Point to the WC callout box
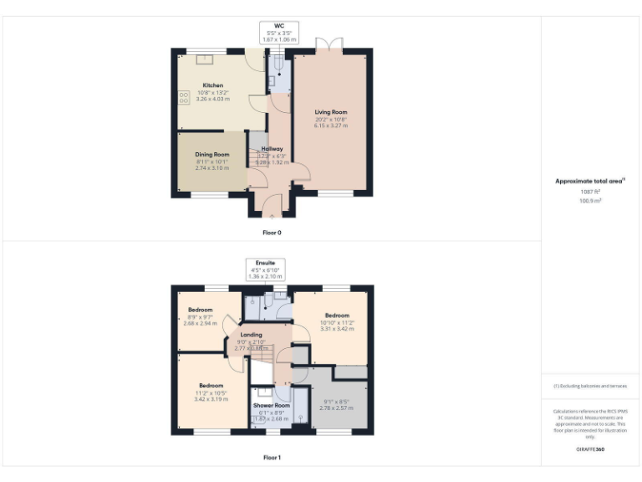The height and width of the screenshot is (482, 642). (279, 33)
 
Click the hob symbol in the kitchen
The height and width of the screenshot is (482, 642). (183, 98)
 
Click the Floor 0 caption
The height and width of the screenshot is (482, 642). (272, 232)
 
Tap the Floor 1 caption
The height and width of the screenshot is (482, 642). (272, 458)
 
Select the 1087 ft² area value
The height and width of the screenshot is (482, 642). (590, 192)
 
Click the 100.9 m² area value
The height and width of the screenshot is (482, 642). (590, 201)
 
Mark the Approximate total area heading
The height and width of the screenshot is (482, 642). (590, 181)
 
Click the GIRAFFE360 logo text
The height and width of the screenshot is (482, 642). (590, 449)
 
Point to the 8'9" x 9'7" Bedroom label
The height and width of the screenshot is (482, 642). (201, 315)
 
